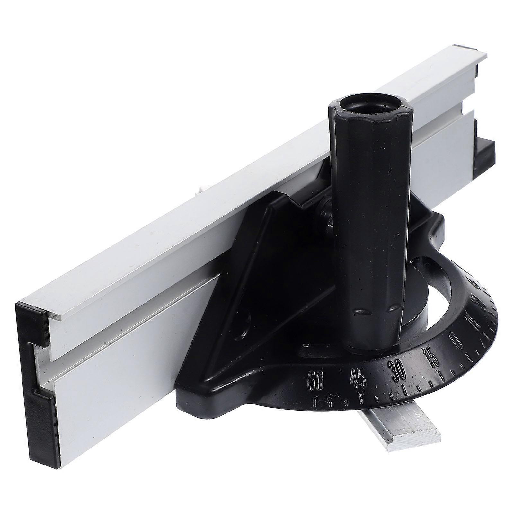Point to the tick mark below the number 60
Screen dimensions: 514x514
point(316,400)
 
